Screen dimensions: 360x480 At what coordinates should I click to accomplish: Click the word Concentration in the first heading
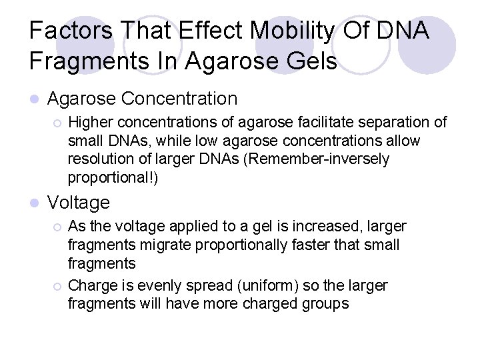point(179,99)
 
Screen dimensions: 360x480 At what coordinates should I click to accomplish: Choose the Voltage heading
point(79,203)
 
